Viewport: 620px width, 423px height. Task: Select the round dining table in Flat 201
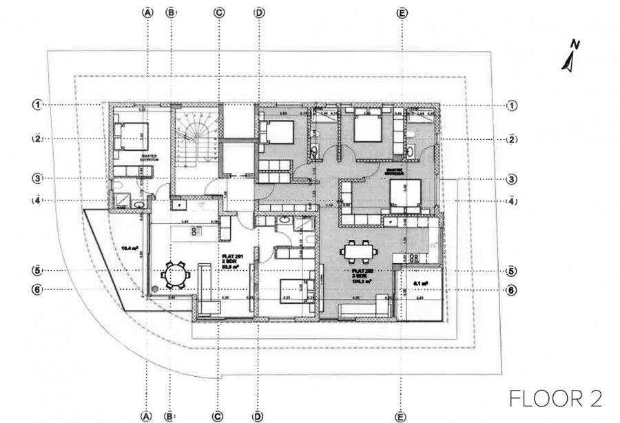174,276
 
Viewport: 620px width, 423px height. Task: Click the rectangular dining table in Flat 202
359,252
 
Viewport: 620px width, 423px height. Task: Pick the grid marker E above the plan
402,12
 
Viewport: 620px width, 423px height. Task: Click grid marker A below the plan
147,415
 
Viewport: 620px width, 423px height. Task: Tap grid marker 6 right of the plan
511,291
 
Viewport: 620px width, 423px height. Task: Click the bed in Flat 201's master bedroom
130,135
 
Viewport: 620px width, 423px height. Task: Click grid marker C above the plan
218,12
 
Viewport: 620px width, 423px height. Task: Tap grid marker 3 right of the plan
511,179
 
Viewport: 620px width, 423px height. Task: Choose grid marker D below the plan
258,415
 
